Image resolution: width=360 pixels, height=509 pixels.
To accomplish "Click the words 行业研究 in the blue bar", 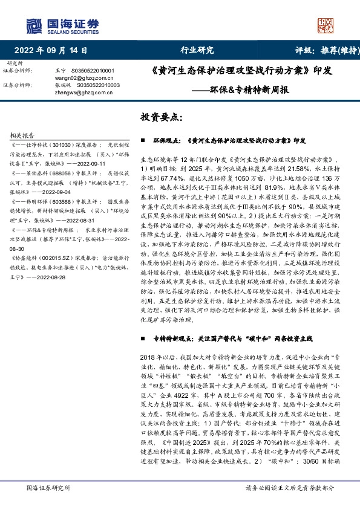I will (x=197, y=51).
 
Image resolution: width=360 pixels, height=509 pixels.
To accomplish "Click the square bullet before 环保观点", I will (x=142, y=139).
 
